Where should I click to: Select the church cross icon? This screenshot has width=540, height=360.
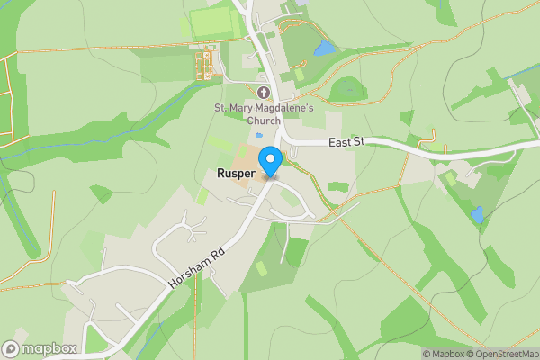coord(263,93)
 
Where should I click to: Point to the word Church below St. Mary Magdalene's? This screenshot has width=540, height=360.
coord(263,121)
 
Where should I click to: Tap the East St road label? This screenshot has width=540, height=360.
coord(346,142)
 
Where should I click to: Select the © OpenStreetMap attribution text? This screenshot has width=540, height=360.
coord(501,354)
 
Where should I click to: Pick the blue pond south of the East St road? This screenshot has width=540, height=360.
coord(477,215)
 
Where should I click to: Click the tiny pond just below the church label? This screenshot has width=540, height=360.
coord(258,135)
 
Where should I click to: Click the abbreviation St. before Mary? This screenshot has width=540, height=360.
coord(220,109)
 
